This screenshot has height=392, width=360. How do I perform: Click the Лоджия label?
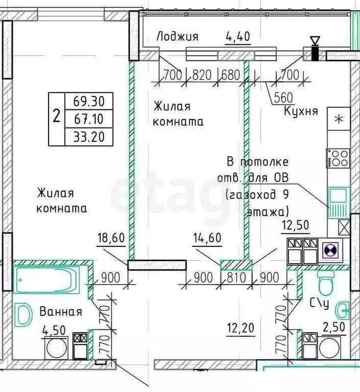coord(177,36)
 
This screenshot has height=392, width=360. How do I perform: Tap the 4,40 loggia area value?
coord(238,36)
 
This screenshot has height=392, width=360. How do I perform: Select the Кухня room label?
coord(301,111)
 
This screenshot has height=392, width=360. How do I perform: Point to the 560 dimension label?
coord(283,98)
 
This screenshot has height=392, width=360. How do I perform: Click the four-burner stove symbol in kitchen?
coord(337,157)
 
